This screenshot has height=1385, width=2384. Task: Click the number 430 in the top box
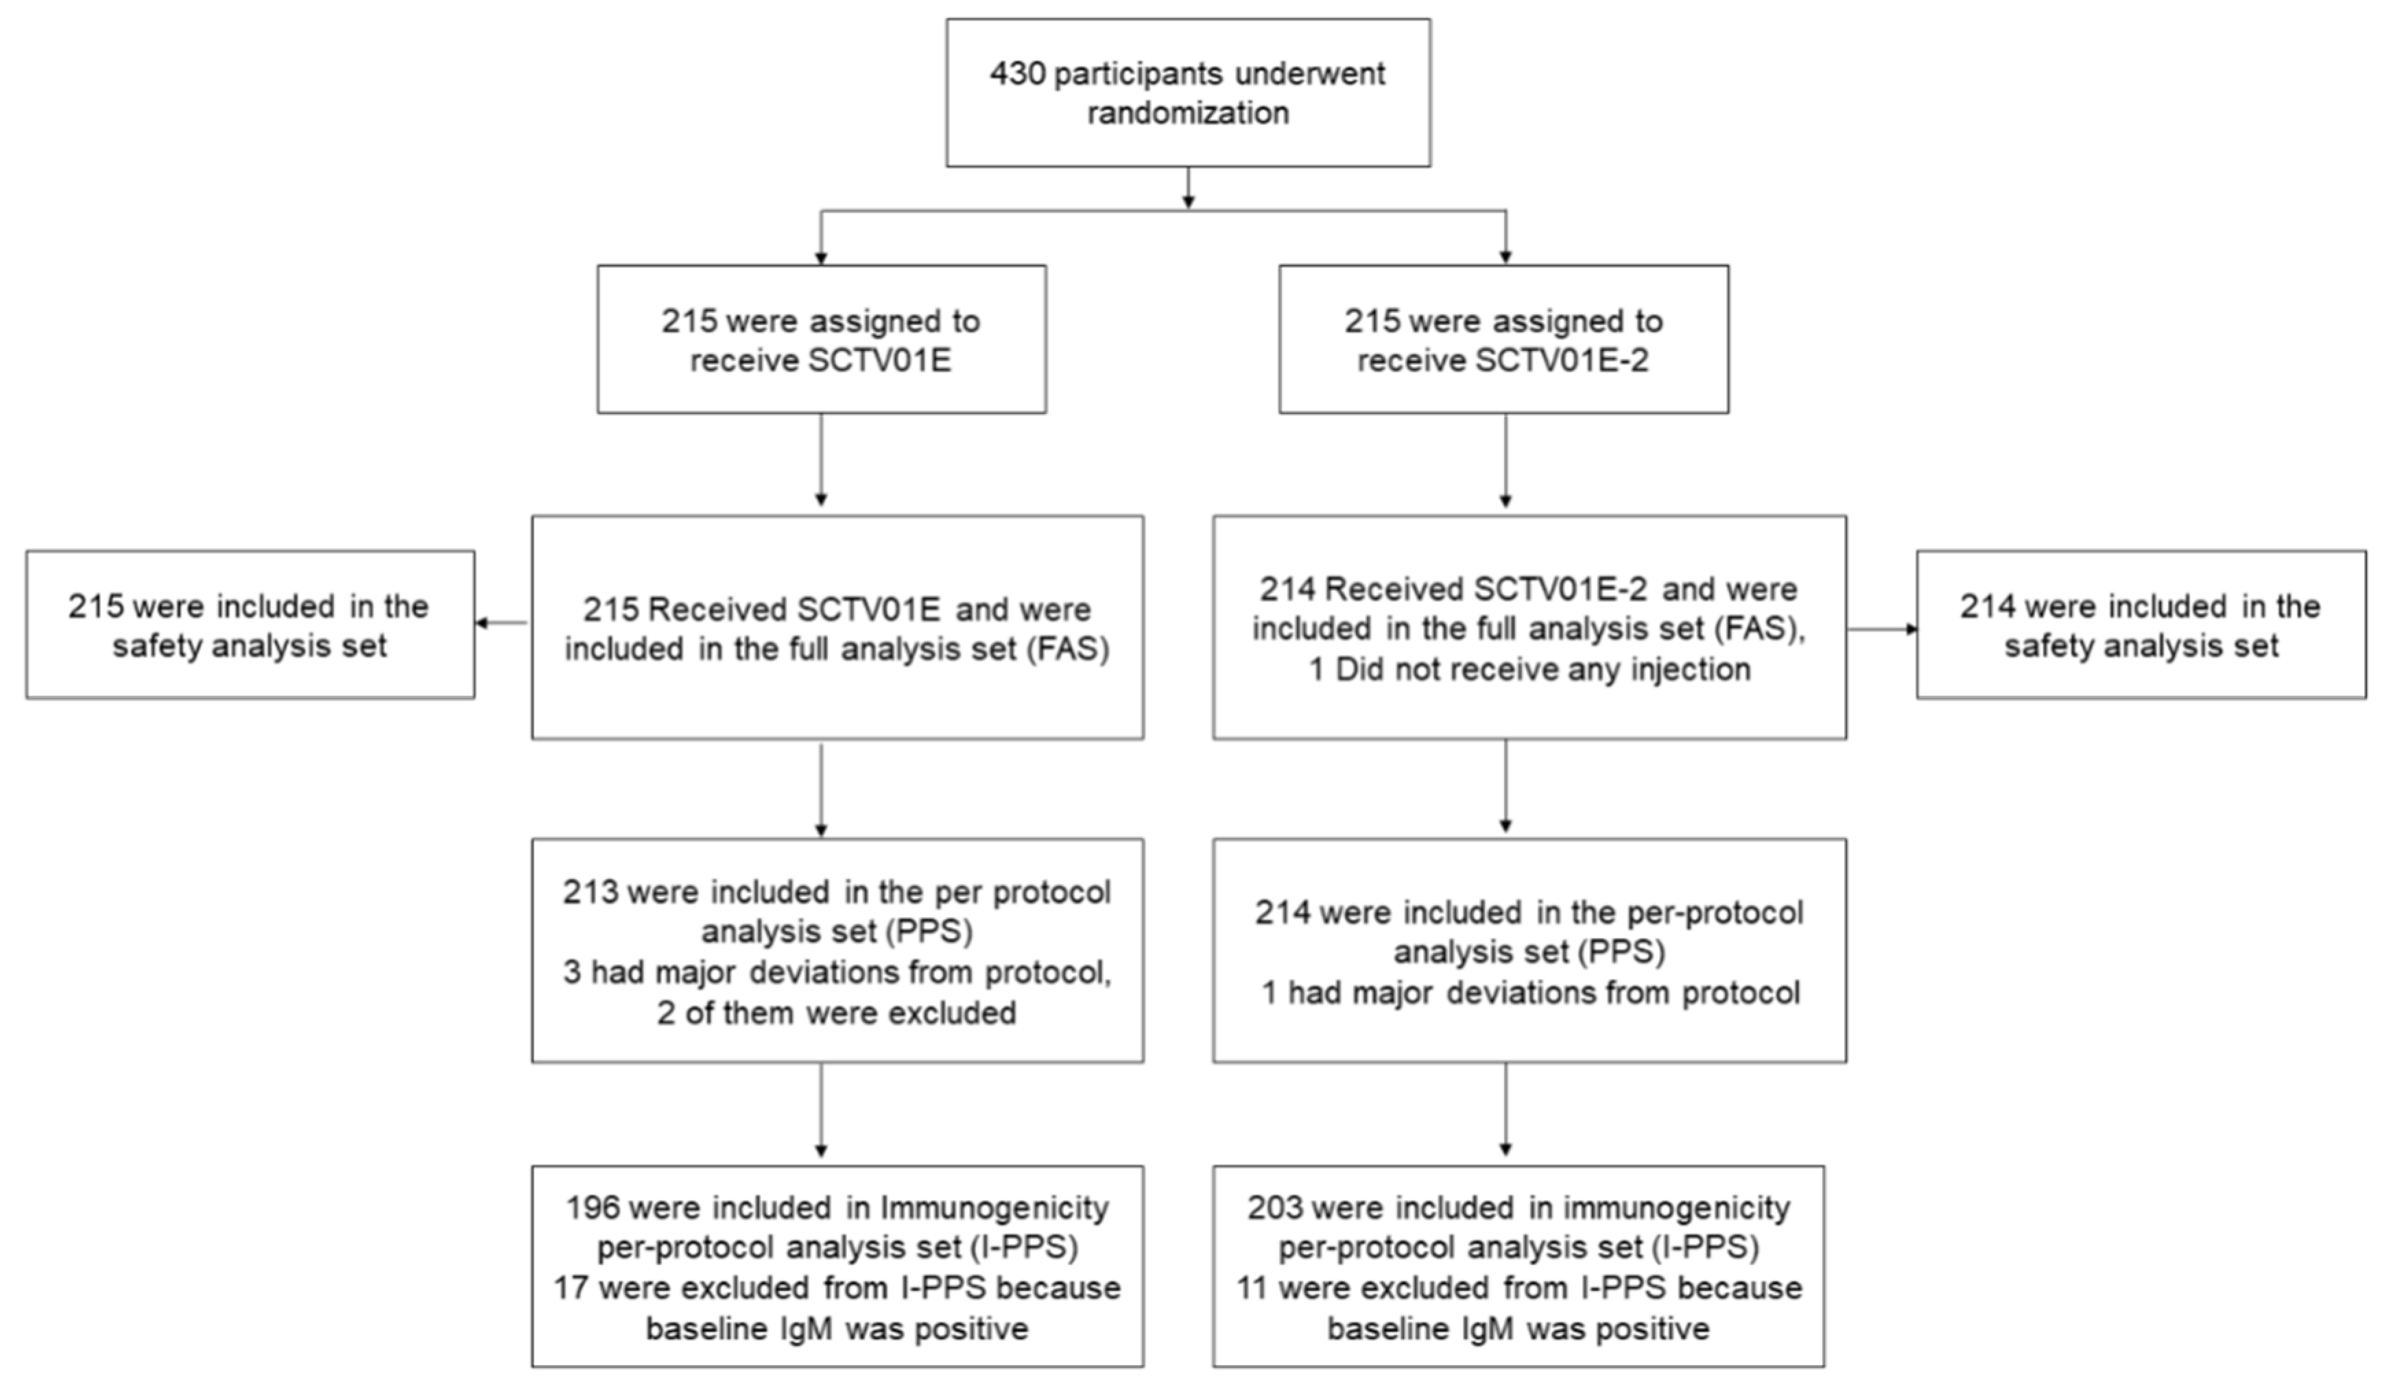coord(1017,74)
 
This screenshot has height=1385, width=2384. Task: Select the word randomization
coord(1187,114)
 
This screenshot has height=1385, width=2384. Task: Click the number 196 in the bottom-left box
coord(592,1208)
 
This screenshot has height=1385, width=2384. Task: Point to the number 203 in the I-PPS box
coord(1274,1208)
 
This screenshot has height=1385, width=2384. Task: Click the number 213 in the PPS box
coord(589,892)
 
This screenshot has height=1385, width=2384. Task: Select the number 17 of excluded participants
coord(571,1288)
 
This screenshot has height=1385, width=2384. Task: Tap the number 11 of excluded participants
coord(1252,1288)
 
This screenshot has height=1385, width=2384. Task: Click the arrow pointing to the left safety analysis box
coord(501,623)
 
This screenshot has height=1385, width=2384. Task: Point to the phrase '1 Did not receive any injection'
coord(1529,670)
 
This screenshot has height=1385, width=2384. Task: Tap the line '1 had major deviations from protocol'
coord(1529,993)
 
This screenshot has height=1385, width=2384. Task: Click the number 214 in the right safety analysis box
coord(1988,606)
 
